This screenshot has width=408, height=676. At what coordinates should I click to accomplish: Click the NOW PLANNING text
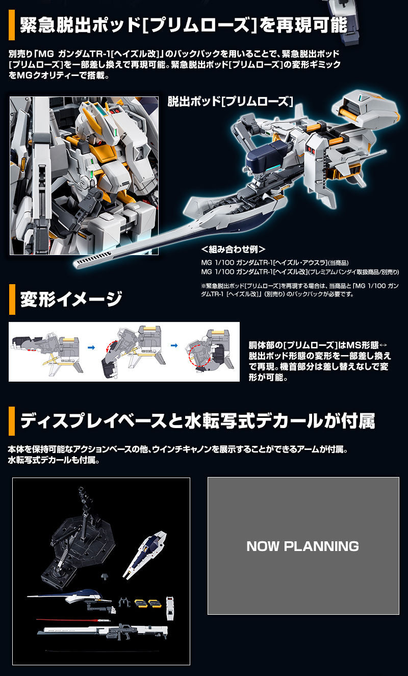302,546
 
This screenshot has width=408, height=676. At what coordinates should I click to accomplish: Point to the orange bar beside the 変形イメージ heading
12,299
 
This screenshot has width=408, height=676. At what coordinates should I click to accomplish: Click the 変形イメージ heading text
71,299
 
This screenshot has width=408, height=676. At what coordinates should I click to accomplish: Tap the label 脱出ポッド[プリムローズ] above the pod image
230,102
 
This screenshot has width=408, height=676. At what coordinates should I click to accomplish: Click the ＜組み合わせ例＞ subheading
233,250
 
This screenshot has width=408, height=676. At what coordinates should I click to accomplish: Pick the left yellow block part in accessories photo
140,603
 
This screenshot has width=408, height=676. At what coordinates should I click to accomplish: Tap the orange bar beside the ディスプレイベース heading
12,421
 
